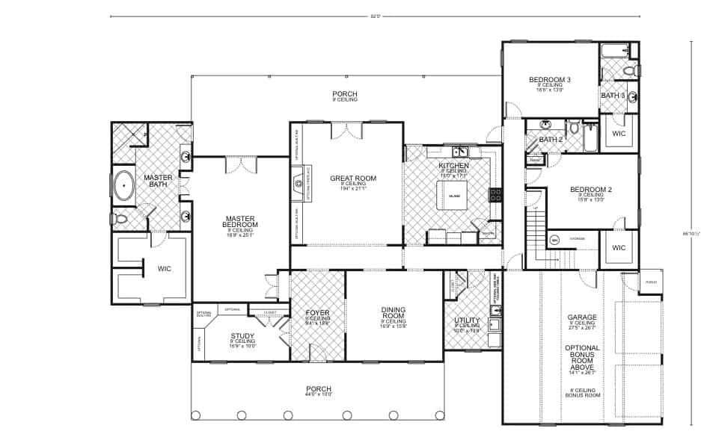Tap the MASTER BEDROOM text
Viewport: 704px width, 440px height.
[x=241, y=222]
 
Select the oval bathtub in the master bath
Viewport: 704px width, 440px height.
[x=122, y=186]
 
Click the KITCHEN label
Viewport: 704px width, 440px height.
[x=453, y=165]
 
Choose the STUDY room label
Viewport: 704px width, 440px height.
[x=242, y=335]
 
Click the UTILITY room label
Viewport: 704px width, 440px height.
[x=467, y=320]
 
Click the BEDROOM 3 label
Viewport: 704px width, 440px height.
[x=550, y=80]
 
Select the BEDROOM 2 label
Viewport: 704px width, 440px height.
[x=591, y=190]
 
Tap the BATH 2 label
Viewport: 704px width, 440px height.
[x=551, y=140]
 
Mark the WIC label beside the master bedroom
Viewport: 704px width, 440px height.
[x=165, y=268]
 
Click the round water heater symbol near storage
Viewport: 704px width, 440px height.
[x=555, y=241]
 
